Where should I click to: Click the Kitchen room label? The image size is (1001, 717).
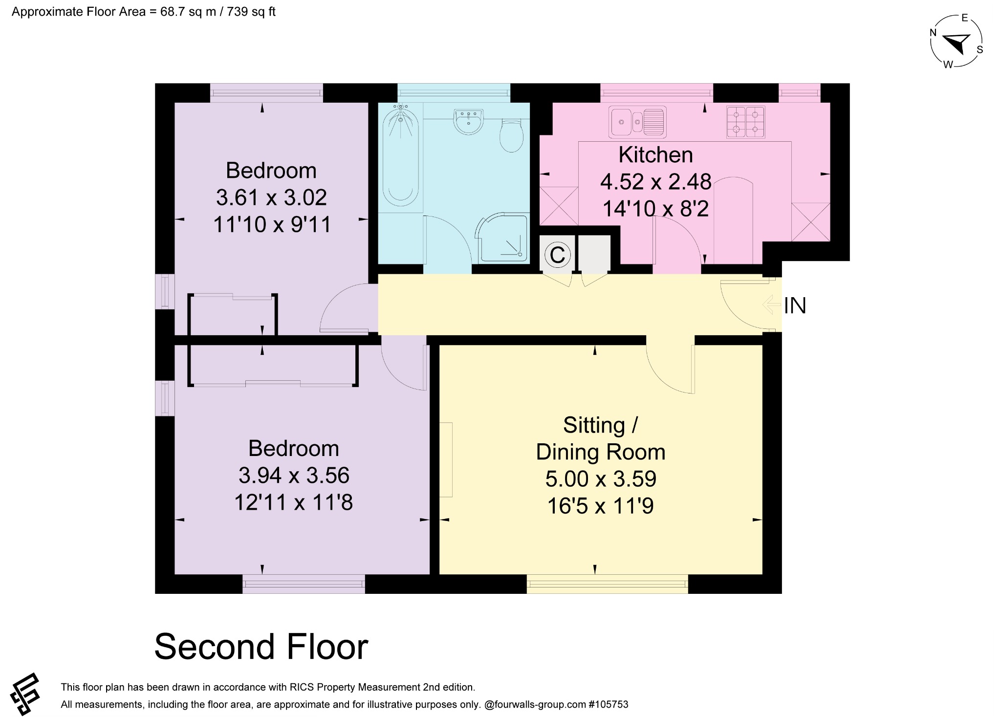pos(655,155)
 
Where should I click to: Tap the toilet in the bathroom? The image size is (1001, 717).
pos(511,135)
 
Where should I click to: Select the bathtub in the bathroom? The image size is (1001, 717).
pos(401,155)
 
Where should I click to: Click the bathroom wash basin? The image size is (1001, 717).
pos(468,121)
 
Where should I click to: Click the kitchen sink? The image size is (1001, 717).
pos(637,122)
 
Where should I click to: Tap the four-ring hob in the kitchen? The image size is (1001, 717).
pos(745,122)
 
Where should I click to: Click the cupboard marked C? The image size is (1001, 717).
pos(557,255)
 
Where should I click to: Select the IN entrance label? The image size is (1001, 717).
pos(795,306)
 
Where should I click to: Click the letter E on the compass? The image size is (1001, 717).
pos(964,18)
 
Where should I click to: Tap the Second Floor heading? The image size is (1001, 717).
pos(261,647)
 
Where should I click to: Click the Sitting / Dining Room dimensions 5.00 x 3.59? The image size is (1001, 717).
pos(601,479)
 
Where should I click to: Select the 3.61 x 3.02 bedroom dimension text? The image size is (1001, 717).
pos(271,197)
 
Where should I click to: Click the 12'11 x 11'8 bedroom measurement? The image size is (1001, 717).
pos(293,502)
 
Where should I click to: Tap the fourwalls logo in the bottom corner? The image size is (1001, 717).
pos(25,694)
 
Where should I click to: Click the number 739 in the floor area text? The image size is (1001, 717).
pos(237,12)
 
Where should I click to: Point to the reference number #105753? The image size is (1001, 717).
pos(609,704)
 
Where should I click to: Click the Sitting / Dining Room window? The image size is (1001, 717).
pos(607,584)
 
